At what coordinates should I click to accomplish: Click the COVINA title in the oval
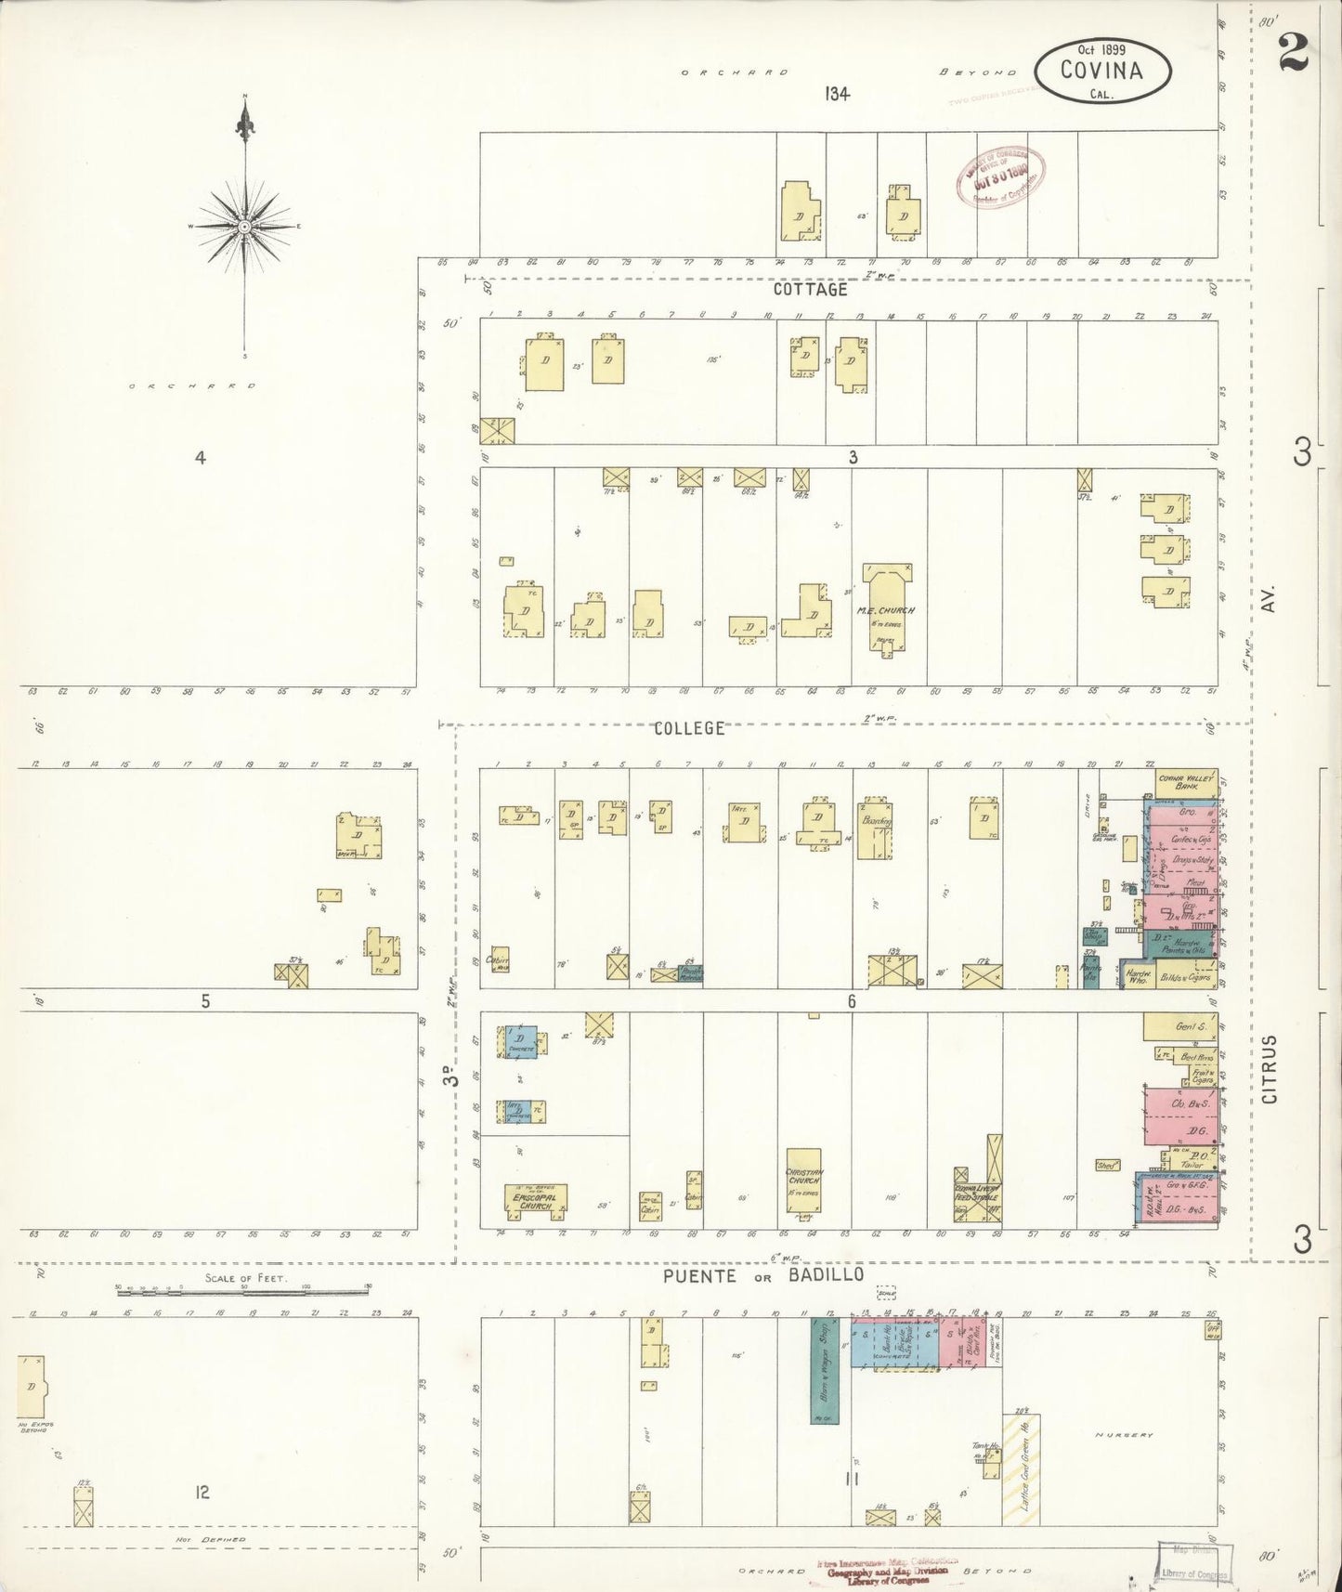(1103, 70)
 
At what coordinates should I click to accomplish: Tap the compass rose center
(244, 227)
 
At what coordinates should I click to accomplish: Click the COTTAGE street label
(811, 290)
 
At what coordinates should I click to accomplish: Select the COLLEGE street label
(688, 728)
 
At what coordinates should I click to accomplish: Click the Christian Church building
(804, 1180)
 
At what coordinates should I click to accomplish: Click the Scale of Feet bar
(242, 1290)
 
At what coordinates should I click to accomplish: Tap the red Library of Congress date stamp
(1001, 176)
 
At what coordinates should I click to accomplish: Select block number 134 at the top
(836, 93)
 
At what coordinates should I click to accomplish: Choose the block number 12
(202, 1492)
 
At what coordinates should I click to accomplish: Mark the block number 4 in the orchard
(199, 457)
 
